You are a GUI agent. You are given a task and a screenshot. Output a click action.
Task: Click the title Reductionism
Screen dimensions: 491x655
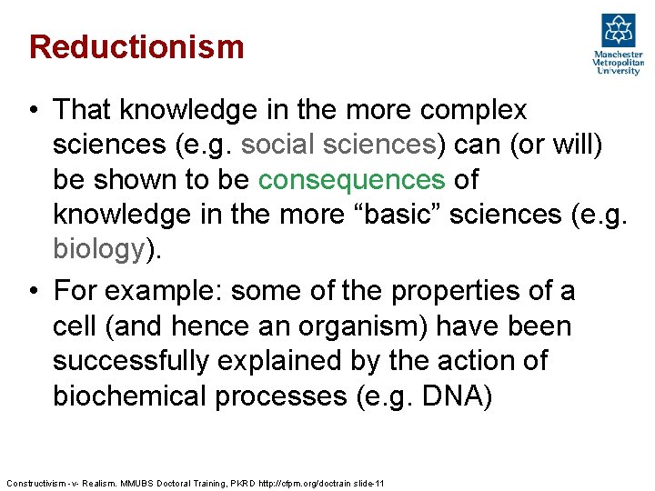coord(136,46)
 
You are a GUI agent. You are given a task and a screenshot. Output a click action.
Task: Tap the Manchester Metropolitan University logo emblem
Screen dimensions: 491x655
coord(618,30)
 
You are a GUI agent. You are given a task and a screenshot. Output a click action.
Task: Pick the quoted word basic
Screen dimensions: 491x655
coord(394,214)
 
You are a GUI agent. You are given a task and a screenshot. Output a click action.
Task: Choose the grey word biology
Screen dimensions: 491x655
coord(97,248)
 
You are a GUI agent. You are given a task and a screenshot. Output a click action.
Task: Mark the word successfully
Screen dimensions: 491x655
coord(135,361)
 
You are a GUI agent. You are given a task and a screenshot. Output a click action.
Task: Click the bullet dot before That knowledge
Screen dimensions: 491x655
coord(33,111)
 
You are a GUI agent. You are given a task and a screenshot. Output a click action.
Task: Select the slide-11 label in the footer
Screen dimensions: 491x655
coord(368,483)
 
